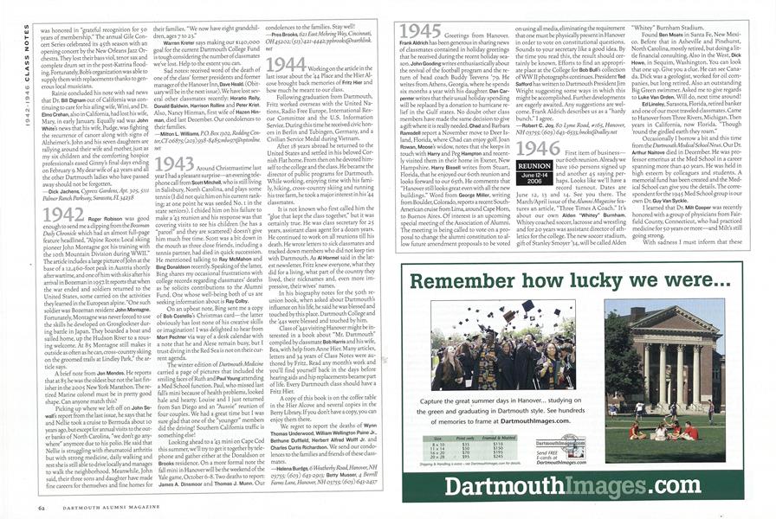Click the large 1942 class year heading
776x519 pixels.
(64, 215)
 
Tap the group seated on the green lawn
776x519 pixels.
(658, 430)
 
